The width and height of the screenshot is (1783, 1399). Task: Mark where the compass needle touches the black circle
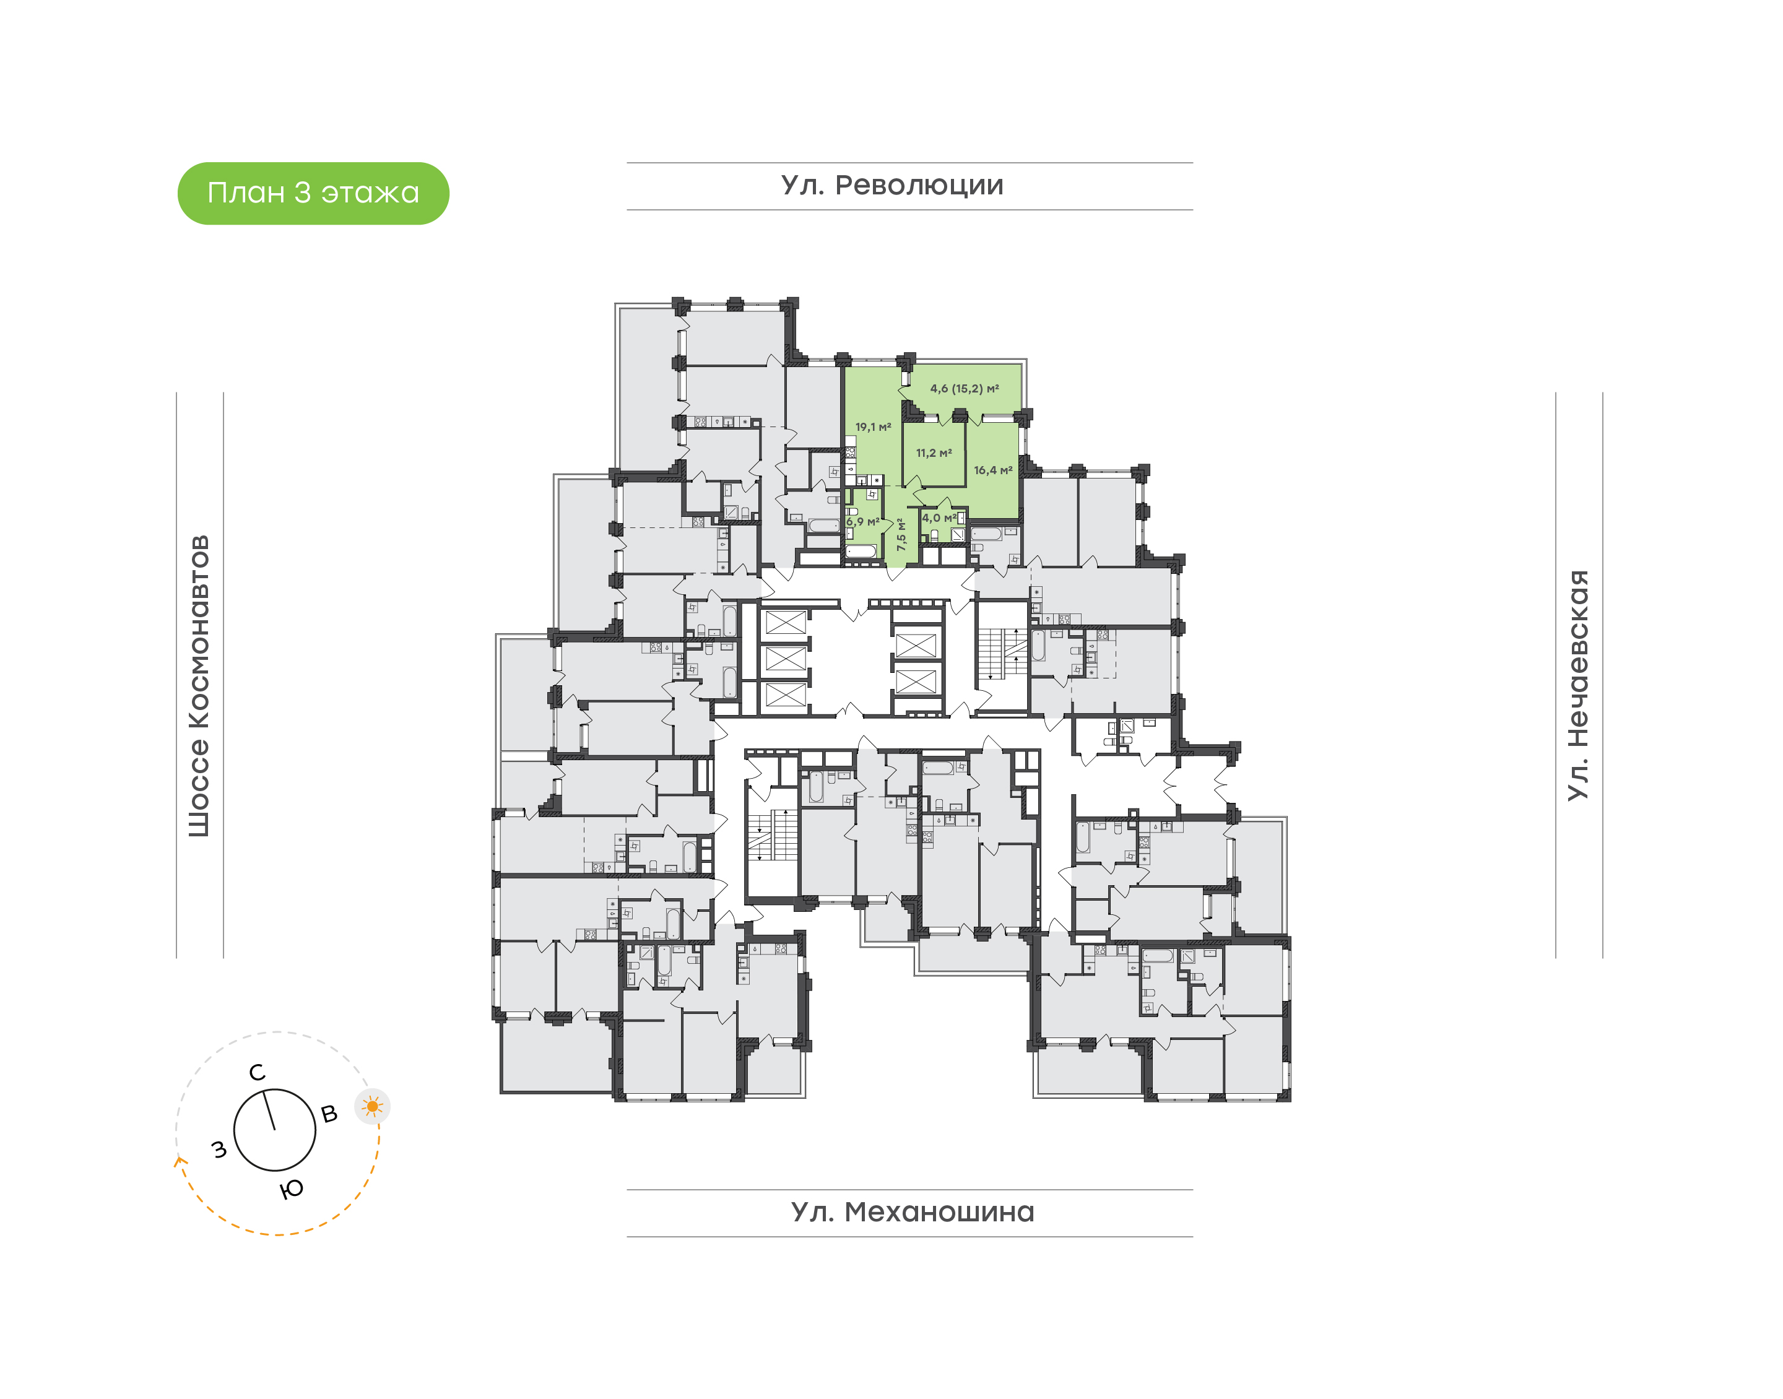pyautogui.click(x=264, y=1090)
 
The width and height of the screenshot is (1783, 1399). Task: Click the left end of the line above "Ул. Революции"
pyautogui.click(x=627, y=163)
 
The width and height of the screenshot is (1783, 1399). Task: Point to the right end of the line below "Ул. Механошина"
pyautogui.click(x=1192, y=1237)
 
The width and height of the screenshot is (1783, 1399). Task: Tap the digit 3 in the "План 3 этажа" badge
pyautogui.click(x=302, y=193)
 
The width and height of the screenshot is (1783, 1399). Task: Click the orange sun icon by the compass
pyautogui.click(x=373, y=1107)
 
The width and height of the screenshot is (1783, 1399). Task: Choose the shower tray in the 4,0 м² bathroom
pyautogui.click(x=957, y=535)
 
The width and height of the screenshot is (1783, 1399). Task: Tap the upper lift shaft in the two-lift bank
pyautogui.click(x=915, y=646)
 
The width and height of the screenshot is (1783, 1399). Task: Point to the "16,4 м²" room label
pyautogui.click(x=992, y=470)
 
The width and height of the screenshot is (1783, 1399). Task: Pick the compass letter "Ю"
pyautogui.click(x=291, y=1189)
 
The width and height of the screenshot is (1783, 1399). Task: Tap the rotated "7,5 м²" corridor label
pyautogui.click(x=901, y=533)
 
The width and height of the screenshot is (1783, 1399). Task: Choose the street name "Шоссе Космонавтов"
pyautogui.click(x=199, y=687)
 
